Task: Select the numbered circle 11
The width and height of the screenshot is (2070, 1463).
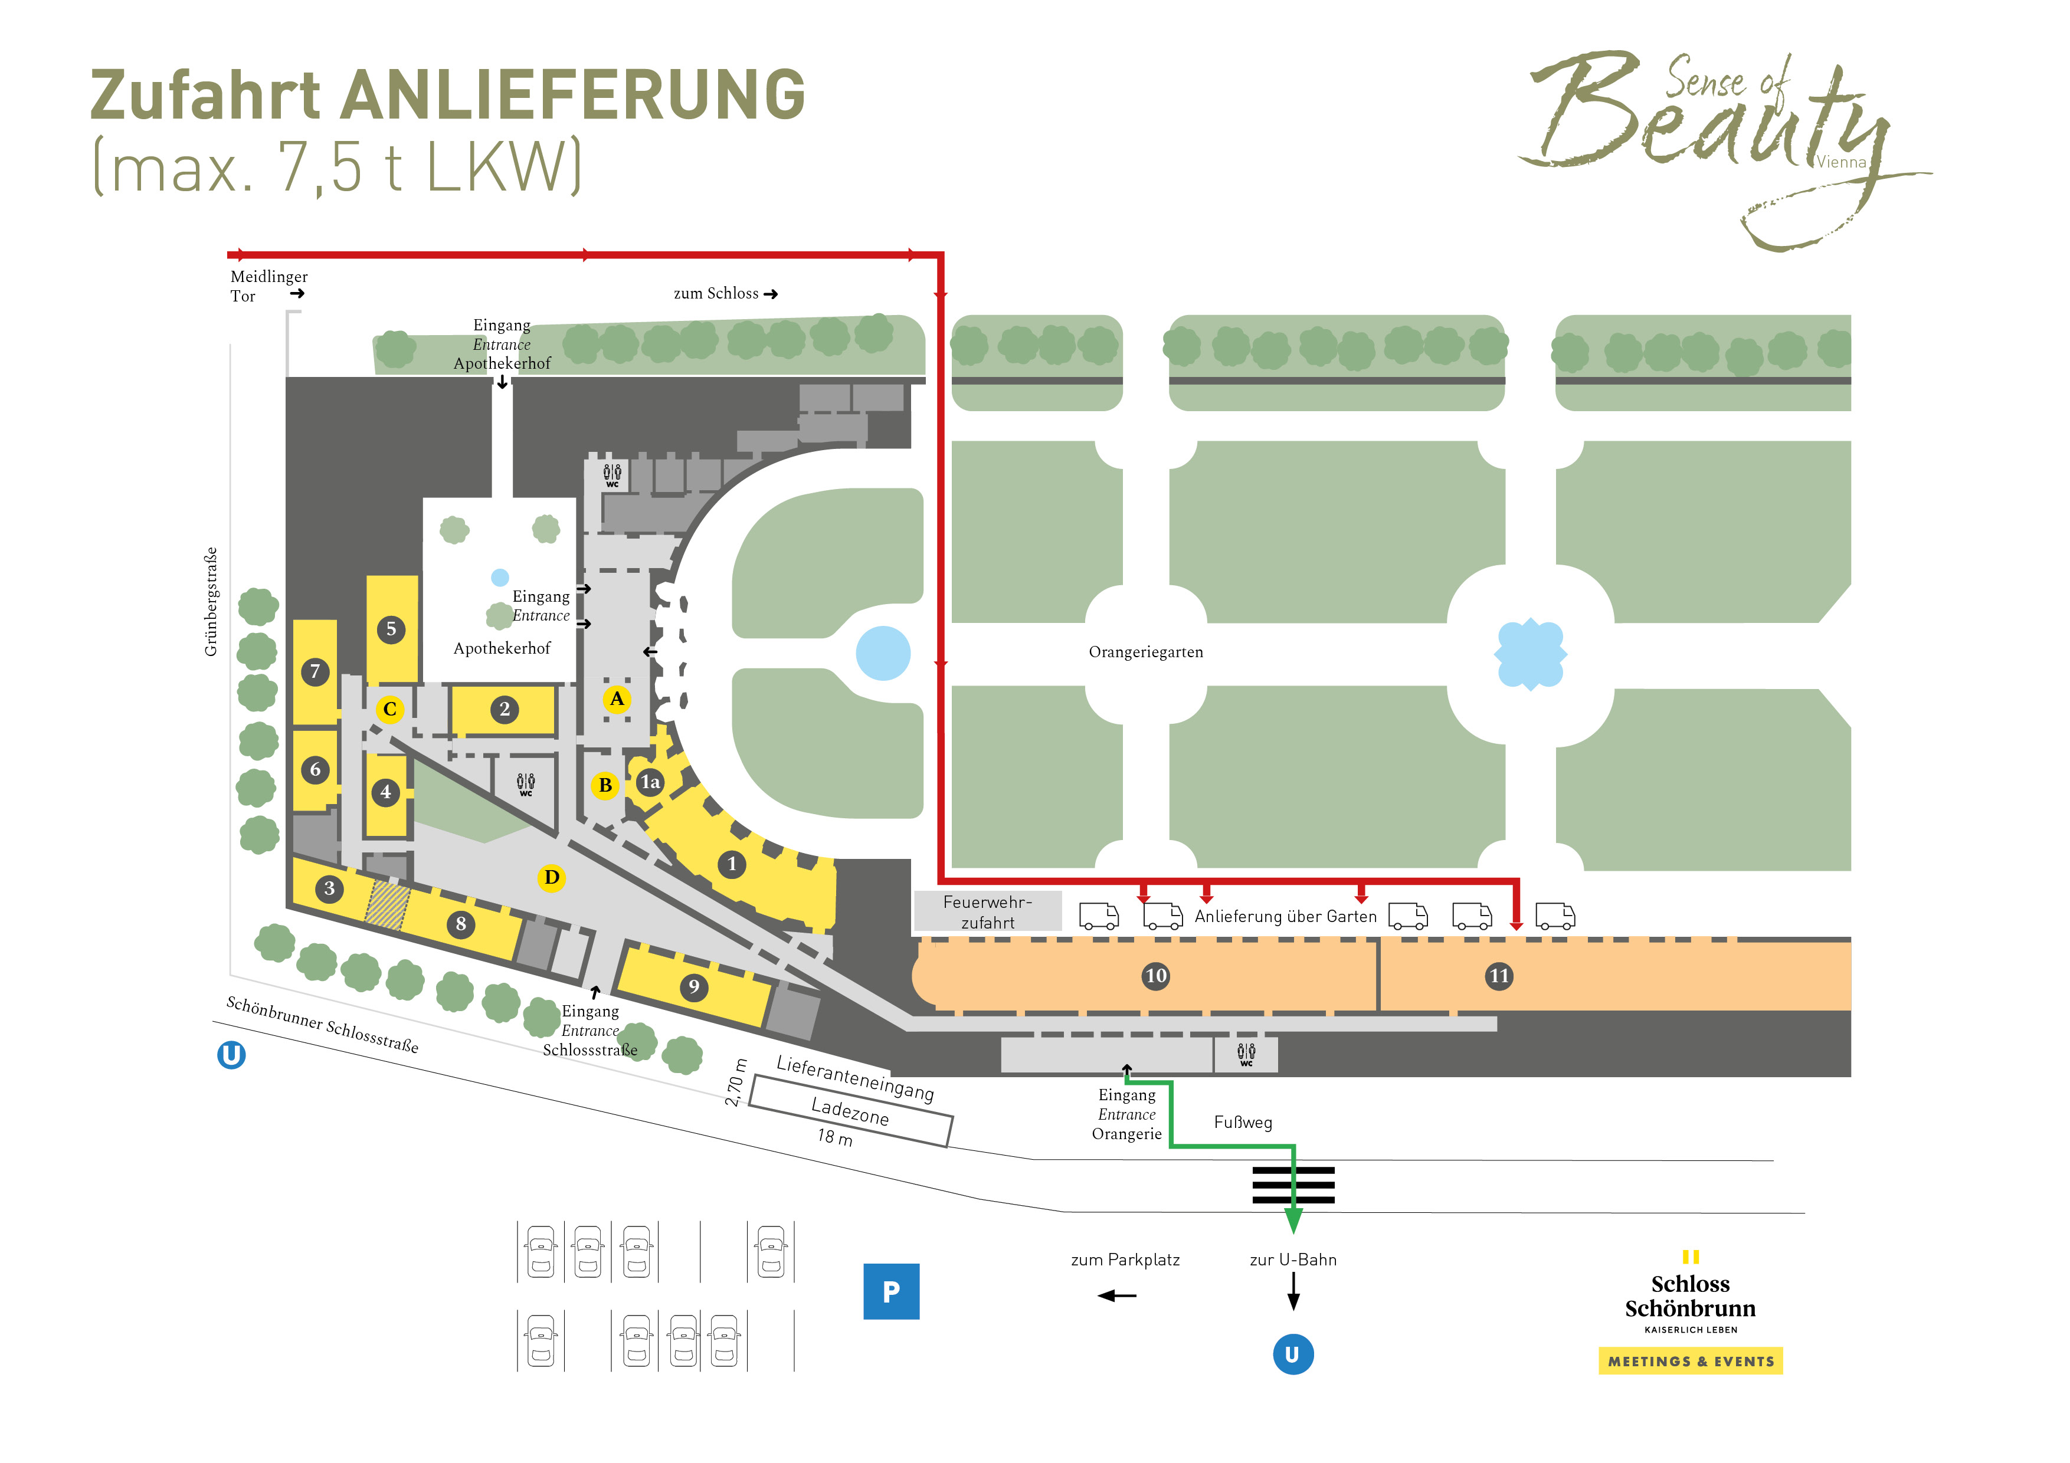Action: point(1498,975)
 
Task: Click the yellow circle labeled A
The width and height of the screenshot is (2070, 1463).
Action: point(617,698)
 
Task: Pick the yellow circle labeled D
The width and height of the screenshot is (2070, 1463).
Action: point(551,877)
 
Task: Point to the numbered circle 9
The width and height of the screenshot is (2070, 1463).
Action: point(693,986)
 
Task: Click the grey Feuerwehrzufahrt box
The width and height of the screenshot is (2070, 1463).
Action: point(987,911)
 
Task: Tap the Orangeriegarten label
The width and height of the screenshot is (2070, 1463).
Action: point(1145,652)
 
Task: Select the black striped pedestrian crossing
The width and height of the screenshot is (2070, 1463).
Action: point(1293,1185)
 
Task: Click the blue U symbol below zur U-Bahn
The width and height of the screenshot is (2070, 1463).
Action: point(1292,1354)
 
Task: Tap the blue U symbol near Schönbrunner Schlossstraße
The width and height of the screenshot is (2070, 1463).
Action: point(232,1055)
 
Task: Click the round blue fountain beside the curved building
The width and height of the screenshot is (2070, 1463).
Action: point(883,652)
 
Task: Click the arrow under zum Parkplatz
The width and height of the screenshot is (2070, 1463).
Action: point(1117,1295)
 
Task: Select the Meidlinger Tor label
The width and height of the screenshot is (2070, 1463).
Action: point(268,286)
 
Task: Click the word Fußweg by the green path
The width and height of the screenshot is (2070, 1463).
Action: point(1242,1122)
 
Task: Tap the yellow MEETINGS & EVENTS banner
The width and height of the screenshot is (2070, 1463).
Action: point(1689,1361)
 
